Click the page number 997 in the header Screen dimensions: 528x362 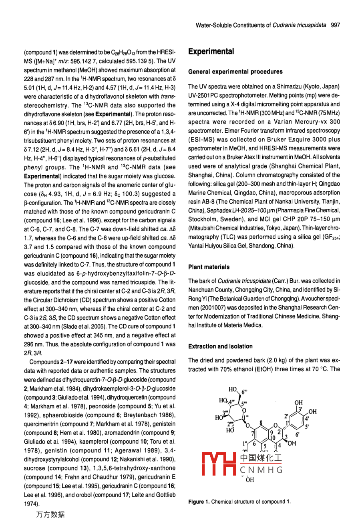pyautogui.click(x=336, y=25)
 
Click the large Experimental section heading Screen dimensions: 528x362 pyautogui.click(x=211, y=52)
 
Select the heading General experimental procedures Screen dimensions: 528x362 pyautogui.click(x=235, y=72)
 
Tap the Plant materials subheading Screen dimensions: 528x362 pyautogui.click(x=209, y=267)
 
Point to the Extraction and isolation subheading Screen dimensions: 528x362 pyautogui.click(x=220, y=346)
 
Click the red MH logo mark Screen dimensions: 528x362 pyautogui.click(x=219, y=464)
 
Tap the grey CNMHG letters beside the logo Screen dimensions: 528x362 pyautogui.click(x=261, y=470)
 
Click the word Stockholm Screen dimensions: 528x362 pyautogui.click(x=203, y=219)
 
